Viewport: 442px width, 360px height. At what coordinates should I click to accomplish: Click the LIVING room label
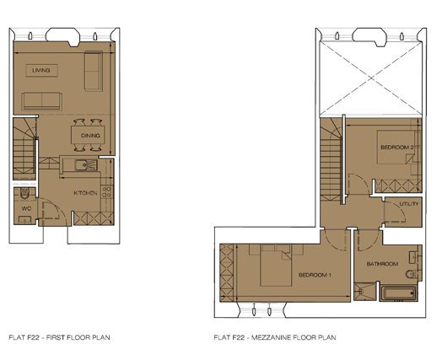[x=41, y=70]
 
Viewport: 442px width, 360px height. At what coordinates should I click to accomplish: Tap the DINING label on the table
[x=90, y=136]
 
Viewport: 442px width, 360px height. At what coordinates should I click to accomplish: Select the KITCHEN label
[x=85, y=193]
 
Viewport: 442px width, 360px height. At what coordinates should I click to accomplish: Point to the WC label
[x=26, y=209]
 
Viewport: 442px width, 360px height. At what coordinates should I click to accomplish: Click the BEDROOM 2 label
[x=397, y=148]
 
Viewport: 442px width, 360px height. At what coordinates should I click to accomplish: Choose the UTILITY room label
[x=409, y=204]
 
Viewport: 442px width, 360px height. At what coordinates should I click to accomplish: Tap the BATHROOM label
[x=382, y=264]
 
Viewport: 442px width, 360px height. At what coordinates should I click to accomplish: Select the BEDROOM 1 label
[x=315, y=275]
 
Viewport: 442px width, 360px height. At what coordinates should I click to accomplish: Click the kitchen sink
[x=82, y=164]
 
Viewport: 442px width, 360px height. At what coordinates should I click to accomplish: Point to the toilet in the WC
[x=24, y=194]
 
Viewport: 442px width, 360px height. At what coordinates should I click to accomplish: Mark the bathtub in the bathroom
[x=398, y=293]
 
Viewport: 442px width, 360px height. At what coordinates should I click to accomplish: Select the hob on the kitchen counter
[x=107, y=192]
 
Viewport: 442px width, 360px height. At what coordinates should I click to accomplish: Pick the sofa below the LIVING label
[x=41, y=101]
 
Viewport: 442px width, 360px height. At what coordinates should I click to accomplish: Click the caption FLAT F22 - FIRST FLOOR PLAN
[x=60, y=337]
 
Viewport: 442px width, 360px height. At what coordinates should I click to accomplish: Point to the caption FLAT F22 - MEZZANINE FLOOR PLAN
[x=275, y=337]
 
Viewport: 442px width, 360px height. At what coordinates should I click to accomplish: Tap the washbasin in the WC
[x=24, y=219]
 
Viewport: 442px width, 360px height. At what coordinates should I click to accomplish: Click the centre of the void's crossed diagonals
[x=370, y=78]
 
